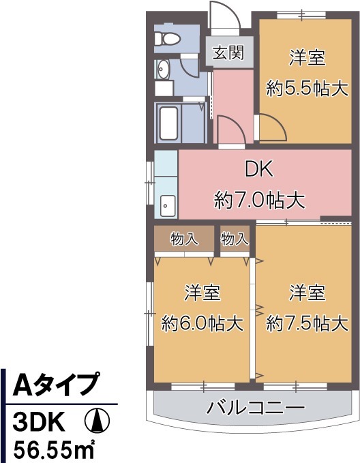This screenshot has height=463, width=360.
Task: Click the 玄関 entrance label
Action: pyautogui.click(x=228, y=53)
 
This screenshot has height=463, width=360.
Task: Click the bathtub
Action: pyautogui.click(x=168, y=123)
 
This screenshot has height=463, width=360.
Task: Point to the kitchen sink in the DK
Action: pyautogui.click(x=166, y=203)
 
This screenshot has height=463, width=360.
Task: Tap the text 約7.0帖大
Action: pyautogui.click(x=258, y=200)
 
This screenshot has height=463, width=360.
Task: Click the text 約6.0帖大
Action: pyautogui.click(x=202, y=323)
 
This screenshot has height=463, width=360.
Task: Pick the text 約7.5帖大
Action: pyautogui.click(x=306, y=323)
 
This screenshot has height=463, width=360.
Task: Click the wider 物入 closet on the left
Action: pyautogui.click(x=184, y=239)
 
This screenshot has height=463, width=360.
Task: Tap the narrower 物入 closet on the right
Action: pyautogui.click(x=235, y=239)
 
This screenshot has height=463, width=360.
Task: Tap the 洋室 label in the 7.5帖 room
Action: pyautogui.click(x=306, y=293)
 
